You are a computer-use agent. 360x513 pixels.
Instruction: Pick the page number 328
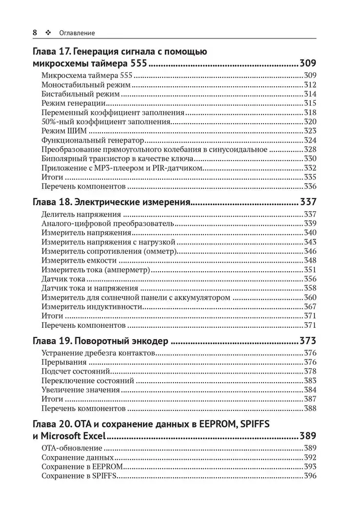[x=310, y=149]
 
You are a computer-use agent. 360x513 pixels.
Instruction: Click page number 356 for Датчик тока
[x=310, y=279]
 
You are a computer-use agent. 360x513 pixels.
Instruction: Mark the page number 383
[x=310, y=381]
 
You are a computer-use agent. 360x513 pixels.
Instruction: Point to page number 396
[x=310, y=476]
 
